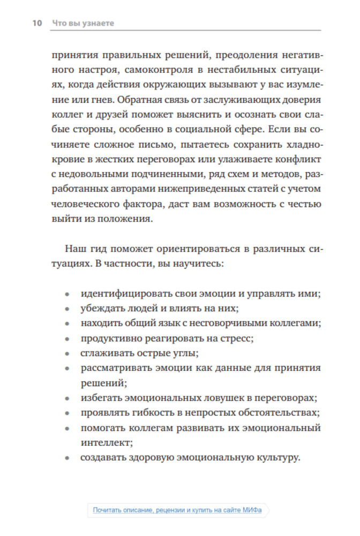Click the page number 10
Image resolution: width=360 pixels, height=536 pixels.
click(37, 24)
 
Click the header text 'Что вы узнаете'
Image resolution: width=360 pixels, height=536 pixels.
click(83, 24)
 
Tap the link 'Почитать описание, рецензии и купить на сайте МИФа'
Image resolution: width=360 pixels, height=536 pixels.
click(177, 510)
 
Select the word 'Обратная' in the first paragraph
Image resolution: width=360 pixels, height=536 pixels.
click(141, 99)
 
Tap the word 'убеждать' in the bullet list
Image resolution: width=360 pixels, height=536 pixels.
click(101, 309)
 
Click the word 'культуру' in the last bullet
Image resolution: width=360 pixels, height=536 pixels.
click(273, 458)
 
